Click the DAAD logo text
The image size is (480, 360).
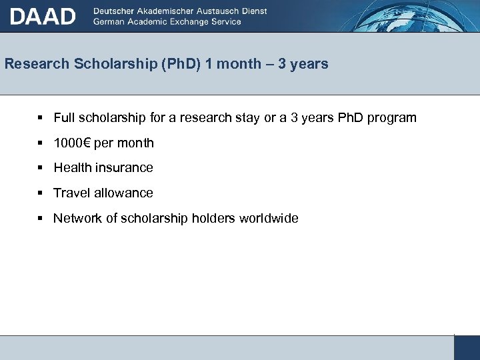[43, 15]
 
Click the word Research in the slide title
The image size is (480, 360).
[37, 64]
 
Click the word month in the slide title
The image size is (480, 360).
[237, 64]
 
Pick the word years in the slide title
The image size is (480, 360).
[309, 64]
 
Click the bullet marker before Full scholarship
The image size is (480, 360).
[41, 117]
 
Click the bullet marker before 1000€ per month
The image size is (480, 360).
[41, 143]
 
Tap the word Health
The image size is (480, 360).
[72, 167]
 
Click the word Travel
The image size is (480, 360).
[71, 193]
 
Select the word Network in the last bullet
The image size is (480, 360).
[77, 218]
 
